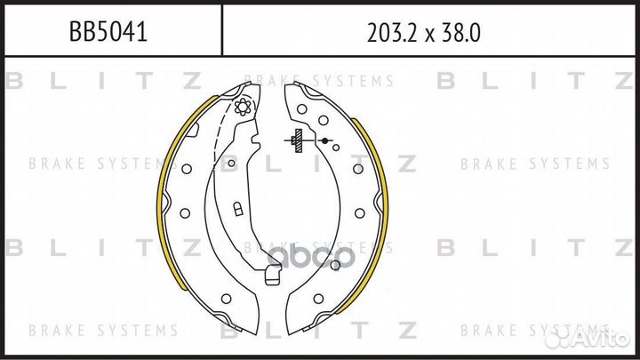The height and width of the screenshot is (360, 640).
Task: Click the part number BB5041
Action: pyautogui.click(x=108, y=31)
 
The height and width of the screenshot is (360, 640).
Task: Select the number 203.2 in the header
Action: pyautogui.click(x=394, y=33)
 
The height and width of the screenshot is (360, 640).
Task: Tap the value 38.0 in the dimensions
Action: pyautogui.click(x=460, y=33)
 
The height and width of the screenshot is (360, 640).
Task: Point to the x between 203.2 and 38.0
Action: pyautogui.click(x=430, y=36)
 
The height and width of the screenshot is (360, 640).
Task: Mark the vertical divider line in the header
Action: pyautogui.click(x=222, y=30)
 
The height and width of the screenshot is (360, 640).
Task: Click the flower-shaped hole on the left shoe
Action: pyautogui.click(x=243, y=107)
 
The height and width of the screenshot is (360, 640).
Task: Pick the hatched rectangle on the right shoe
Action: pyautogui.click(x=299, y=140)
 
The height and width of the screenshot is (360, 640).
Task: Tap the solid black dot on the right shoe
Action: pyautogui.click(x=324, y=140)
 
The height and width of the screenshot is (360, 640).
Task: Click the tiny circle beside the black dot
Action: pyautogui.click(x=336, y=148)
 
